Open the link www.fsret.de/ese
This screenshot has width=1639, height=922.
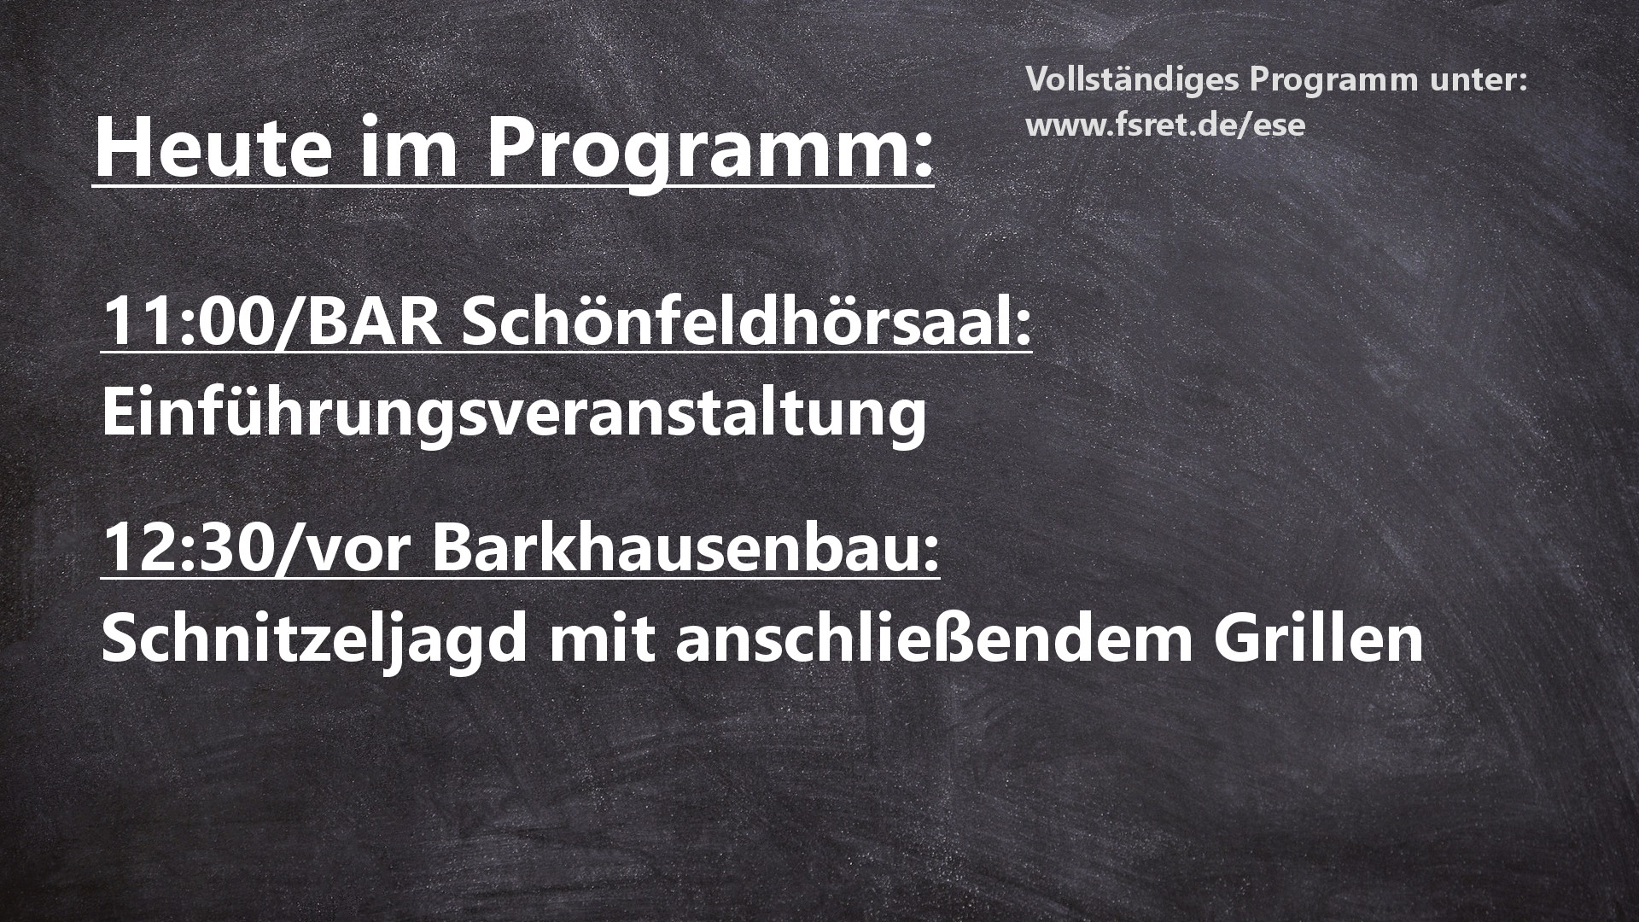point(1165,125)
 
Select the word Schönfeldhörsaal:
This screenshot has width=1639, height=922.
point(747,324)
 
